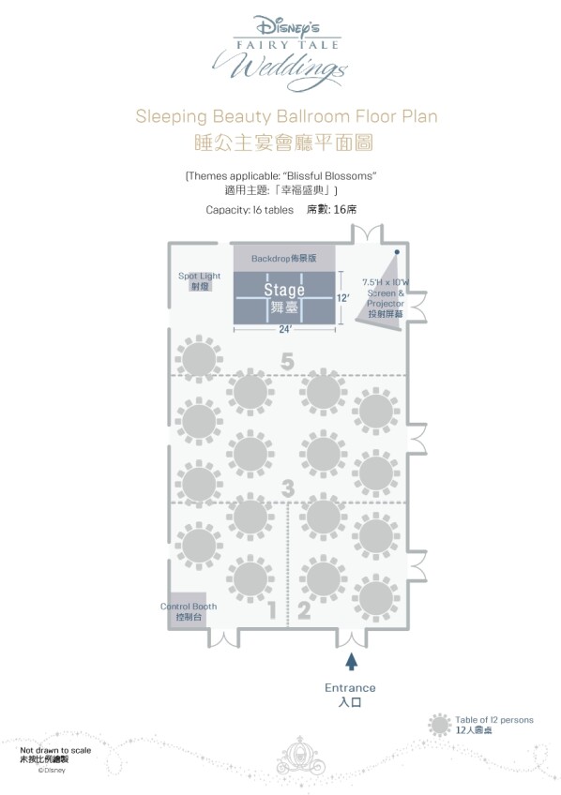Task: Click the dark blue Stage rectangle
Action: point(284,297)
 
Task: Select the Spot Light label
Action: point(199,276)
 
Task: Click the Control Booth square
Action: point(188,610)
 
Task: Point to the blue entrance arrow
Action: point(351,662)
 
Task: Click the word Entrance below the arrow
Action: point(350,688)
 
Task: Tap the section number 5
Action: point(287,362)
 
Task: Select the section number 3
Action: point(288,488)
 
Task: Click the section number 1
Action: point(272,610)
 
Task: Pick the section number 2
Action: point(304,610)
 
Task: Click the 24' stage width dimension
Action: point(284,329)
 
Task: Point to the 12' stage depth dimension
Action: point(343,297)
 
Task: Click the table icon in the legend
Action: point(439,725)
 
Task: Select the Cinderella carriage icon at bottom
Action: point(301,755)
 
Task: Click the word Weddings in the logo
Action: point(280,69)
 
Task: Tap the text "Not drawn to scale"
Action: point(55,750)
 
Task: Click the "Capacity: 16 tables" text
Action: point(250,210)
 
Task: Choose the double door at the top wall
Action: point(368,233)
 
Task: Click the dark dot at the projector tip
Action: point(397,251)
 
